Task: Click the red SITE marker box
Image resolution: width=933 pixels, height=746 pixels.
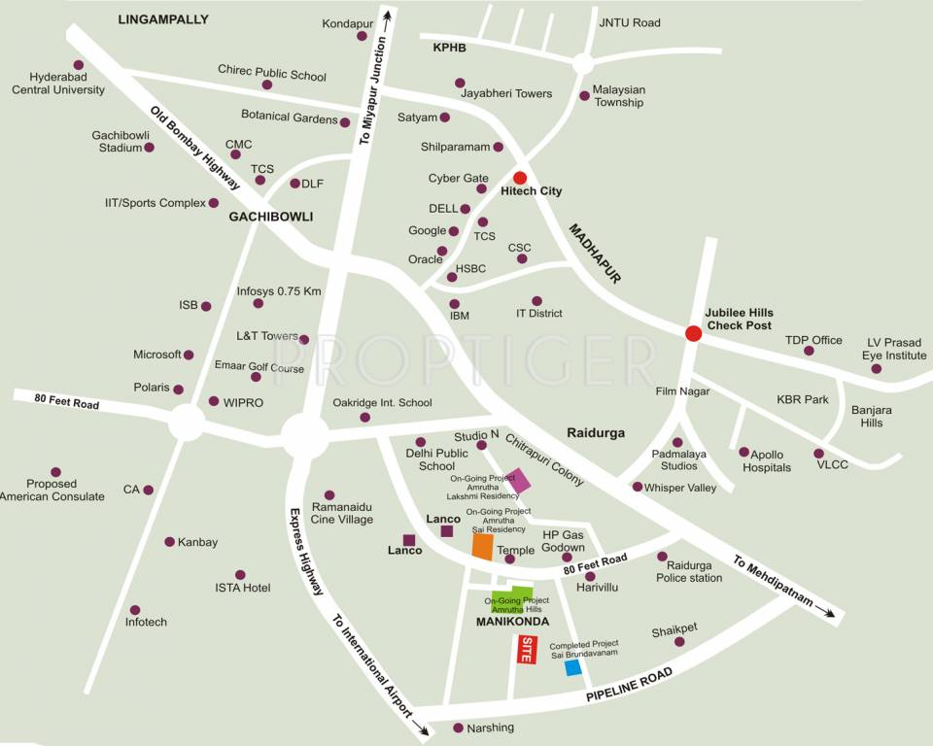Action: pyautogui.click(x=526, y=649)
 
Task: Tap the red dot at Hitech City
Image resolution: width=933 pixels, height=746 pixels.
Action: pyautogui.click(x=520, y=178)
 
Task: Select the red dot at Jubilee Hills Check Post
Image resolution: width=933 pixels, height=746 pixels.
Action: pyautogui.click(x=693, y=334)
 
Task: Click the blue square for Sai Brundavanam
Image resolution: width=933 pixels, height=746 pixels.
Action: pyautogui.click(x=573, y=667)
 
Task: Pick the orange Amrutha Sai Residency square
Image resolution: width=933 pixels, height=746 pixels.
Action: pyautogui.click(x=483, y=547)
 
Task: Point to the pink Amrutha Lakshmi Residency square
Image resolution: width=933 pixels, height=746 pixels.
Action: pyautogui.click(x=519, y=481)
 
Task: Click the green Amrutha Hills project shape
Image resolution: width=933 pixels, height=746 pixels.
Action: pyautogui.click(x=512, y=599)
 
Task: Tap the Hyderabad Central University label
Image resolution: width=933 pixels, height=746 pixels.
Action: pyautogui.click(x=58, y=84)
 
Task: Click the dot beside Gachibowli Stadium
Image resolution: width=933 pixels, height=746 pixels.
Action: pyautogui.click(x=150, y=148)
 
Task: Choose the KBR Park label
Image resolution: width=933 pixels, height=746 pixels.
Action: pyautogui.click(x=801, y=399)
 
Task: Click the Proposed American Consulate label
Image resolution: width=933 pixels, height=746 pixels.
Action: pyautogui.click(x=52, y=490)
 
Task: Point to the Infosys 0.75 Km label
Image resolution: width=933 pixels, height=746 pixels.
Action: pyautogui.click(x=279, y=291)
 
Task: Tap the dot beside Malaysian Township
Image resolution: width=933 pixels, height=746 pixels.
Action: pyautogui.click(x=584, y=95)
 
